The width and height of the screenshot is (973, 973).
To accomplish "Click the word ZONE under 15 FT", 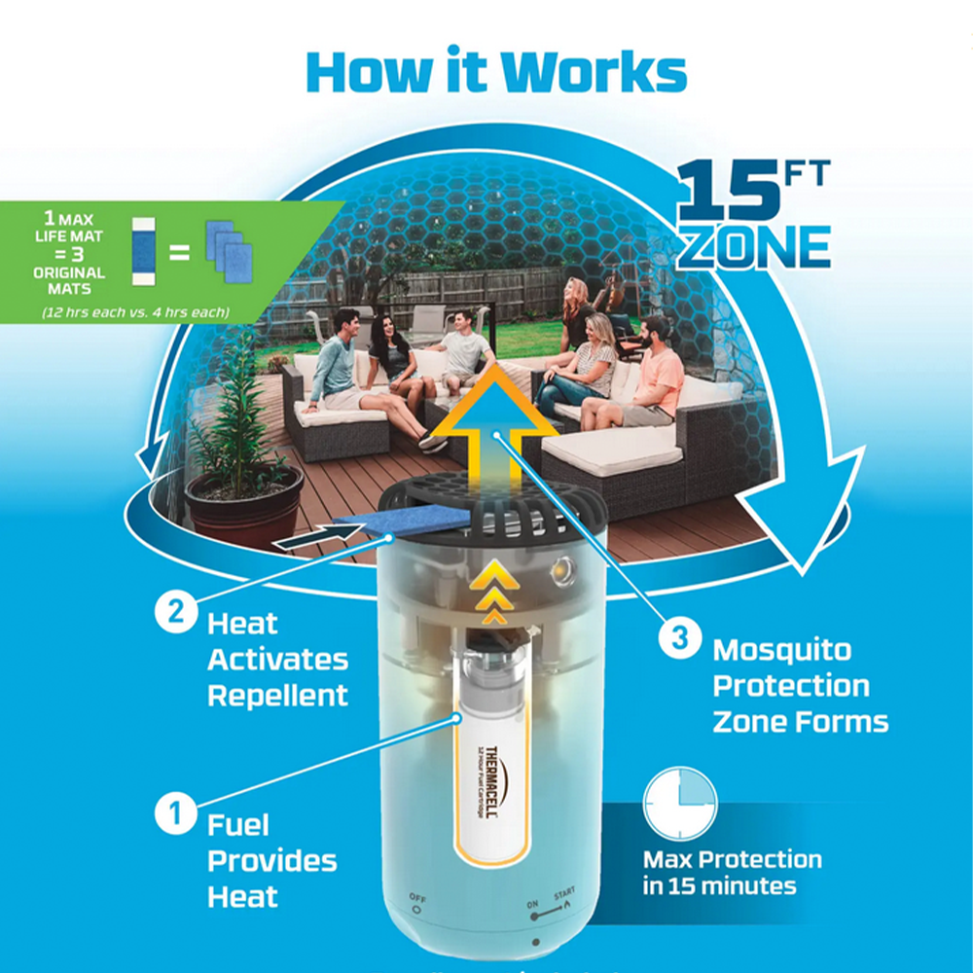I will (x=754, y=247).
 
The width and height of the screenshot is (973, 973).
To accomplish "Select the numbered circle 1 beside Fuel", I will (x=177, y=813).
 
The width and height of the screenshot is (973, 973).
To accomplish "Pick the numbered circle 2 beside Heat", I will (x=177, y=615).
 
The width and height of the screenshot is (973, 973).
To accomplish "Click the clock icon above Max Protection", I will (x=680, y=804).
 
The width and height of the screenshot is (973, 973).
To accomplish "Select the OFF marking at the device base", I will (x=417, y=899).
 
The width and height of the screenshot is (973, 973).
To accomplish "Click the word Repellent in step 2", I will (x=277, y=696).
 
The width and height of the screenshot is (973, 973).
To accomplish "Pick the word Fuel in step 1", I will (x=238, y=825).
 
